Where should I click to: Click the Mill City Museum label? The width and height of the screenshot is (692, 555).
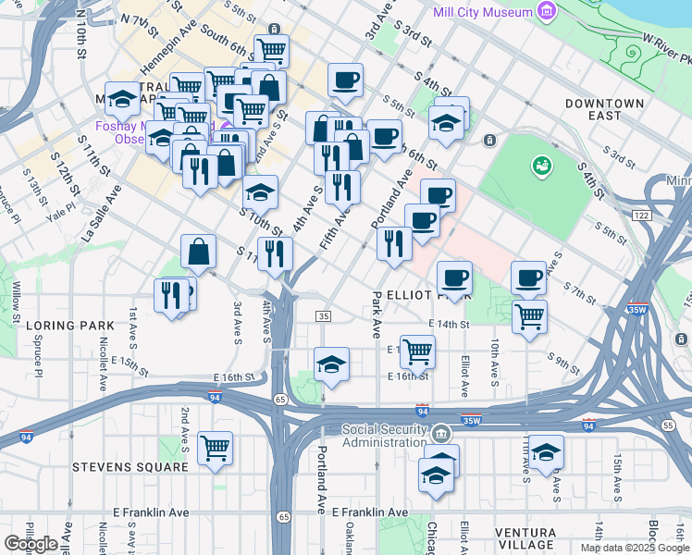point(483,12)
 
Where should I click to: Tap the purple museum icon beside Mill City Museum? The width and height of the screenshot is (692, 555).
point(549,12)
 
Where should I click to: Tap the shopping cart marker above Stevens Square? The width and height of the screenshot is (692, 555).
point(215,449)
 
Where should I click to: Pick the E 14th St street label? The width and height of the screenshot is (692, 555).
point(449,324)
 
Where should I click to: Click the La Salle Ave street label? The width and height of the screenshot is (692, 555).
point(101,213)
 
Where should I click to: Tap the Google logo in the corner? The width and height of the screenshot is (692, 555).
point(31,543)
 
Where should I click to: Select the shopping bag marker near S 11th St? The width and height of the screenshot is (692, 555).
point(198,252)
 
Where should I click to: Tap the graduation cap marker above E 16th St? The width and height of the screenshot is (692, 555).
point(330,364)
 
